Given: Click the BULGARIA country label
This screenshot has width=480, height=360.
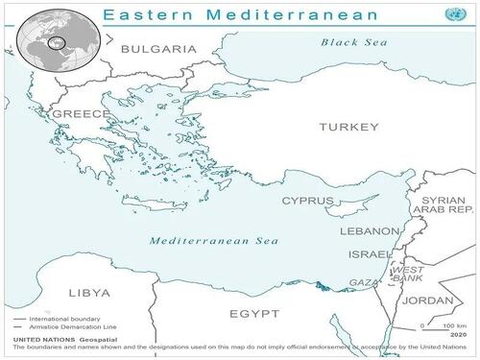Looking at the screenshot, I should coord(158,49).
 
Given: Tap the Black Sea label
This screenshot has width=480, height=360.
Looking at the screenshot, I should coord(353,42).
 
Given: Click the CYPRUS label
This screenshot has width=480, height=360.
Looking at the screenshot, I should coord(307,202).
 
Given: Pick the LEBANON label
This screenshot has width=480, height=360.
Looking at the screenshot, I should coord(370,232).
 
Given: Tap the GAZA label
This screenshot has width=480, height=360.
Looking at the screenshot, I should coord(364,283).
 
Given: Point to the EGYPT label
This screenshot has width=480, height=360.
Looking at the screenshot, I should coord(254,314).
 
